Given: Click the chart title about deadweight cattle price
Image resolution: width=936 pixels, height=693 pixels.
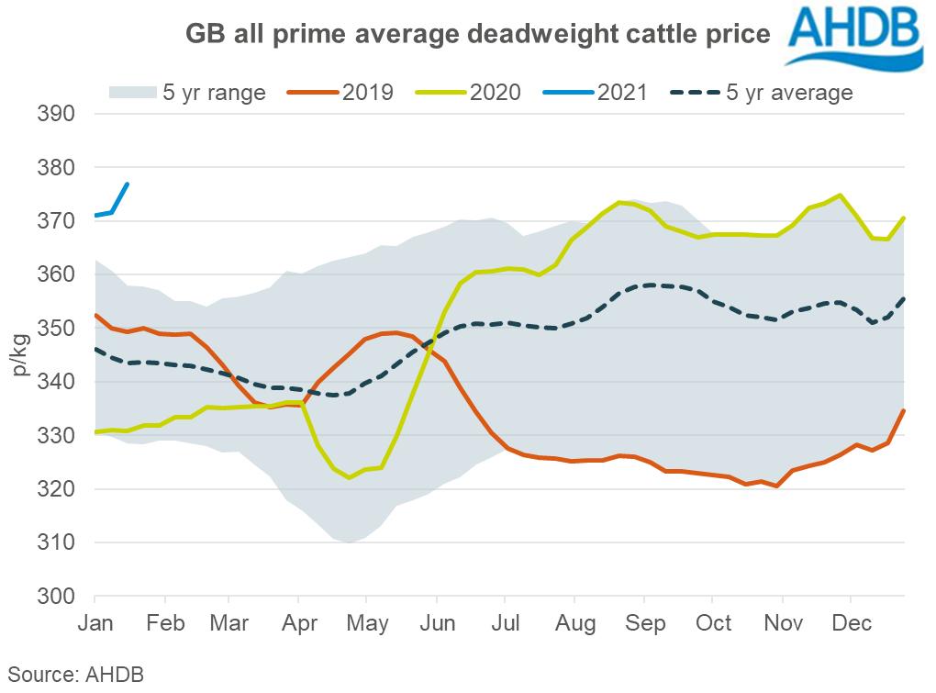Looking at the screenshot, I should [x=477, y=35].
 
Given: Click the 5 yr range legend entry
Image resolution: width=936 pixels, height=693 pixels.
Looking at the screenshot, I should [x=188, y=93].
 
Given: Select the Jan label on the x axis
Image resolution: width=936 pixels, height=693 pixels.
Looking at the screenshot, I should [x=95, y=623].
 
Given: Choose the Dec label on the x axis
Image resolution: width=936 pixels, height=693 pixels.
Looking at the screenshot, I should [x=851, y=623].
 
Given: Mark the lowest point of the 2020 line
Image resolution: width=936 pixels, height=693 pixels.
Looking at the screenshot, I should [x=349, y=477].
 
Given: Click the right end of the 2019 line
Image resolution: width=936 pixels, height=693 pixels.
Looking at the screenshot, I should [x=905, y=410].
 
